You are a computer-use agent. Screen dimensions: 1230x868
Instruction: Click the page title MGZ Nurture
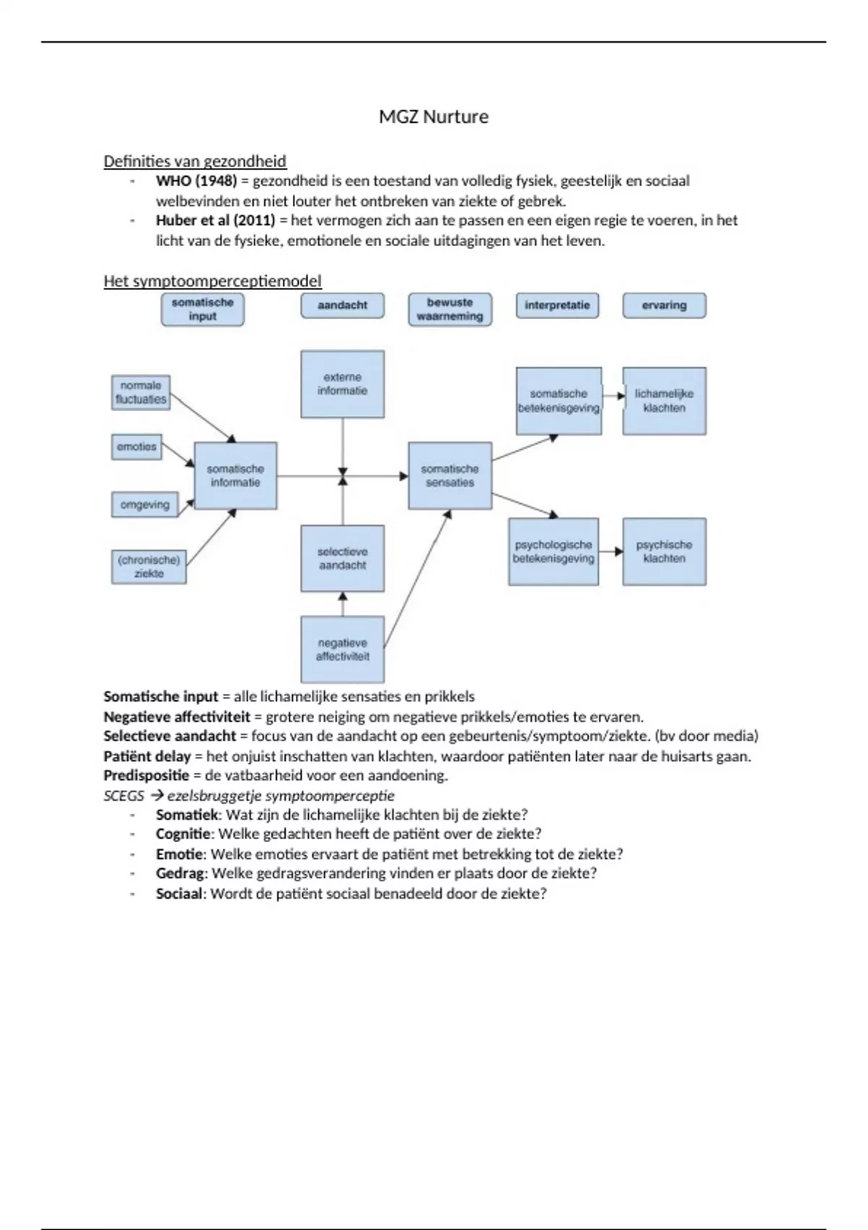pos(433,116)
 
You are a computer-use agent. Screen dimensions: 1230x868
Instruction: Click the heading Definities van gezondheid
pos(195,161)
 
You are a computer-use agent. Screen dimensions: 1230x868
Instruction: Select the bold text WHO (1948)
pos(196,181)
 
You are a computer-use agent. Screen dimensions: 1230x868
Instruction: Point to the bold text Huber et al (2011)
pos(215,221)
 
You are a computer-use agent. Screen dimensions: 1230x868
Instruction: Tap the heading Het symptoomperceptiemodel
pos(212,281)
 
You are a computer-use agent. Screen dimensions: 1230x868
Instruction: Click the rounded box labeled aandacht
pos(342,305)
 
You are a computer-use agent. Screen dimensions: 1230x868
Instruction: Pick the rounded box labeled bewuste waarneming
pos(449,309)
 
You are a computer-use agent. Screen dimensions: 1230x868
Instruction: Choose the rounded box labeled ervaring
pos(664,305)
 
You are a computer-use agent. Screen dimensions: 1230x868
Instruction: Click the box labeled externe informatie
pos(342,384)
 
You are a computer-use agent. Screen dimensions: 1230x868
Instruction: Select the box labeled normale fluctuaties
pos(141,393)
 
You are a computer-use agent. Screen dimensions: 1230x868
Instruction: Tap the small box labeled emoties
pos(137,447)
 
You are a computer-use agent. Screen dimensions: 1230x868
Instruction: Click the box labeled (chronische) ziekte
pos(148,567)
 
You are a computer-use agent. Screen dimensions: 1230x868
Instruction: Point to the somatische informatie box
pos(235,476)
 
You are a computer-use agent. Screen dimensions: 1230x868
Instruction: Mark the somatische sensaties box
pos(450,476)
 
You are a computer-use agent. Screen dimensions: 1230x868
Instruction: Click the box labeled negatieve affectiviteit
pos(342,649)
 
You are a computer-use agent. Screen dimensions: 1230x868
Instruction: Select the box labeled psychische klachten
pos(664,551)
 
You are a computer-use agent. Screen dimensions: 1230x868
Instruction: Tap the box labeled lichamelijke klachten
pos(664,401)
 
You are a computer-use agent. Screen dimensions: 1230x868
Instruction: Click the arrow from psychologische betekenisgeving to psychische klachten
pos(611,552)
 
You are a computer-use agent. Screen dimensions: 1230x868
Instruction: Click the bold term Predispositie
pos(146,776)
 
